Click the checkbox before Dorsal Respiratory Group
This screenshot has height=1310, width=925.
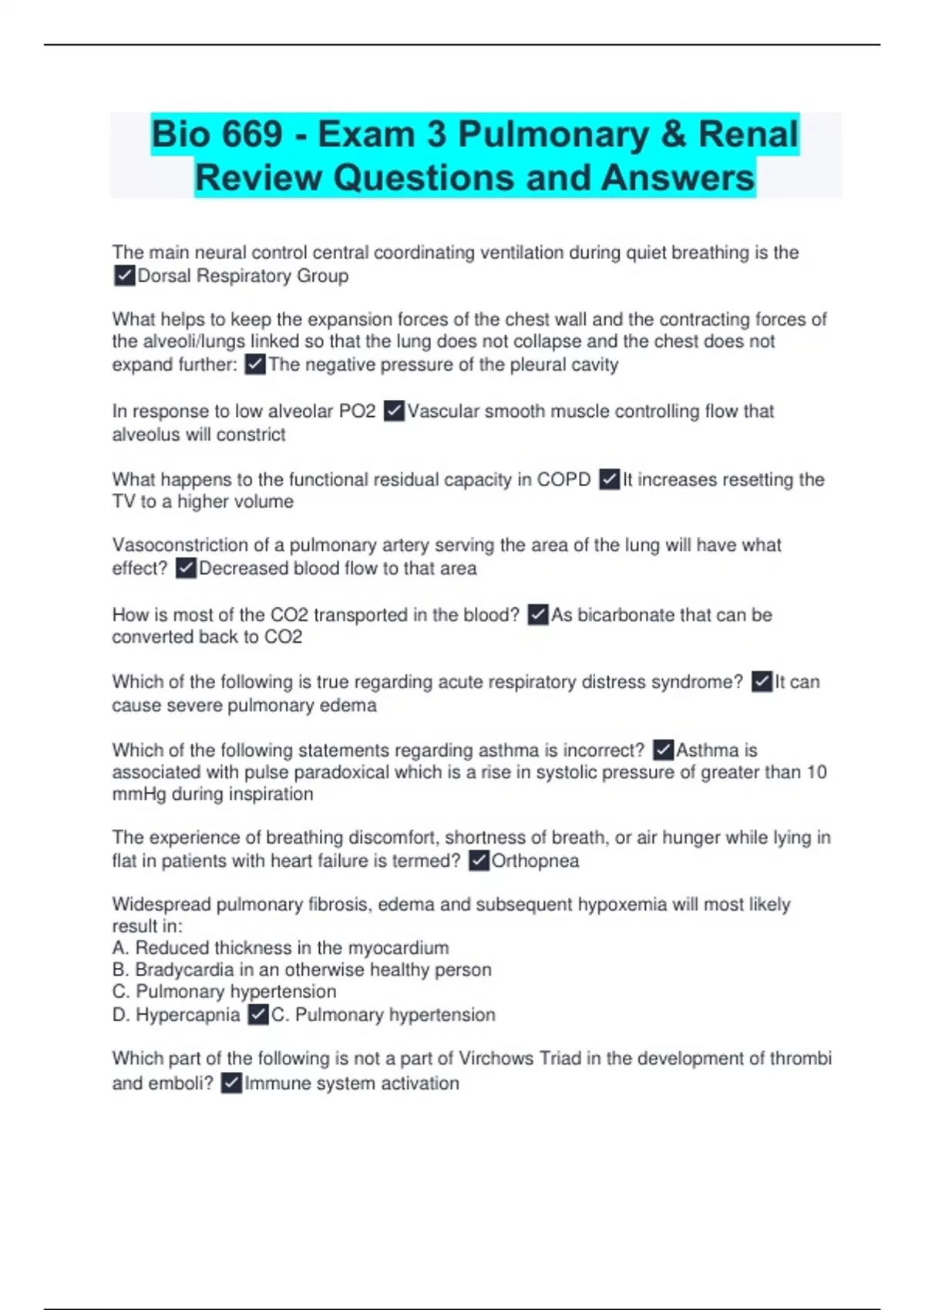(x=124, y=276)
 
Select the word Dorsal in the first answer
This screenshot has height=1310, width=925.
(x=164, y=276)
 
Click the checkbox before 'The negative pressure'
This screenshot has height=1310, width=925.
(x=255, y=364)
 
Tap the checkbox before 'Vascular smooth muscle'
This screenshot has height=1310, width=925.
(x=394, y=411)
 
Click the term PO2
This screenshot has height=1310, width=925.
(x=357, y=411)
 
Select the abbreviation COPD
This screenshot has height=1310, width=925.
(x=563, y=479)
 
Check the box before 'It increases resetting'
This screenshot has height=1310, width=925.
(x=609, y=479)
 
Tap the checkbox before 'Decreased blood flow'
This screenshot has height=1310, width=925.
(x=186, y=569)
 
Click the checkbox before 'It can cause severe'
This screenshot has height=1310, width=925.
(x=762, y=682)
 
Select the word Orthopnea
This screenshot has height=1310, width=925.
(x=535, y=861)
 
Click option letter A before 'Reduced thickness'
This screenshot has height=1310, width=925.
(x=119, y=948)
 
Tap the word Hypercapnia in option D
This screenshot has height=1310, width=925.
(x=187, y=1015)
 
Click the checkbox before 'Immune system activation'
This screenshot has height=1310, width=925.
(x=231, y=1083)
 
